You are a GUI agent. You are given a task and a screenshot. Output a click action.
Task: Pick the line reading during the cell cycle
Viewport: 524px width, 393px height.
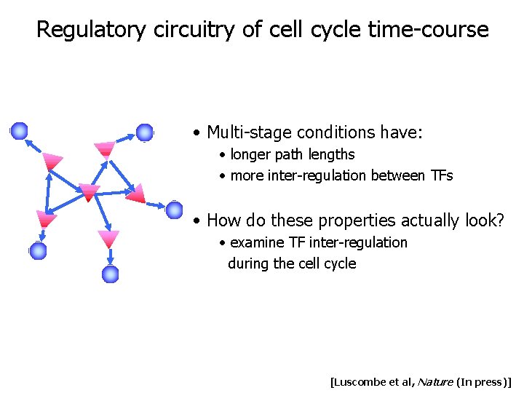point(292,263)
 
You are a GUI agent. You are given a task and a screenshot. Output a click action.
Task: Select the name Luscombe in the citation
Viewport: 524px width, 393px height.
point(360,381)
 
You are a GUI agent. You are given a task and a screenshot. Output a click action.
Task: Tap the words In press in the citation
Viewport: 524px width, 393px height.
point(483,381)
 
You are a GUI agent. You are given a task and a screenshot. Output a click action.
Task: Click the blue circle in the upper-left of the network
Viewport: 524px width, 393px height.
point(19,131)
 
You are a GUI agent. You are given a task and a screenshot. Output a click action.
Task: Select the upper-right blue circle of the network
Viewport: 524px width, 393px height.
point(145,132)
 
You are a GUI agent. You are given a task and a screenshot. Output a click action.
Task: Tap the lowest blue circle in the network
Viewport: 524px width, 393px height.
point(110,274)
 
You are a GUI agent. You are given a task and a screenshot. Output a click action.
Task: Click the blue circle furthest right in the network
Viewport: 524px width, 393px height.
point(174,210)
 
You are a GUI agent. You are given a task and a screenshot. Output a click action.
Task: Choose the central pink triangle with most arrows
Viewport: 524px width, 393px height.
point(89,192)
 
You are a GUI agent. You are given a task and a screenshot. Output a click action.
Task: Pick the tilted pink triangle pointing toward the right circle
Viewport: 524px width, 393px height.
point(136,194)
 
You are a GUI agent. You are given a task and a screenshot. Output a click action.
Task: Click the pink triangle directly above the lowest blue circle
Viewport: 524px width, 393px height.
point(109,238)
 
